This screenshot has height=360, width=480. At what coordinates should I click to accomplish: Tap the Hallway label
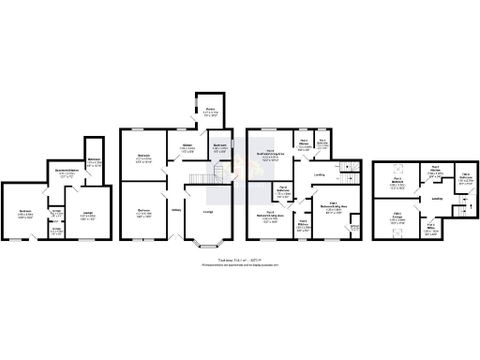tap(175, 208)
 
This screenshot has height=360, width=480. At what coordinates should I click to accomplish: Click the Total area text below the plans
tap(240, 258)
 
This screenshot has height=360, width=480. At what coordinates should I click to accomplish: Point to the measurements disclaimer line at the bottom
tap(240, 264)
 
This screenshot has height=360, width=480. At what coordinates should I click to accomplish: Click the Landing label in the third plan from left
tap(320, 173)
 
